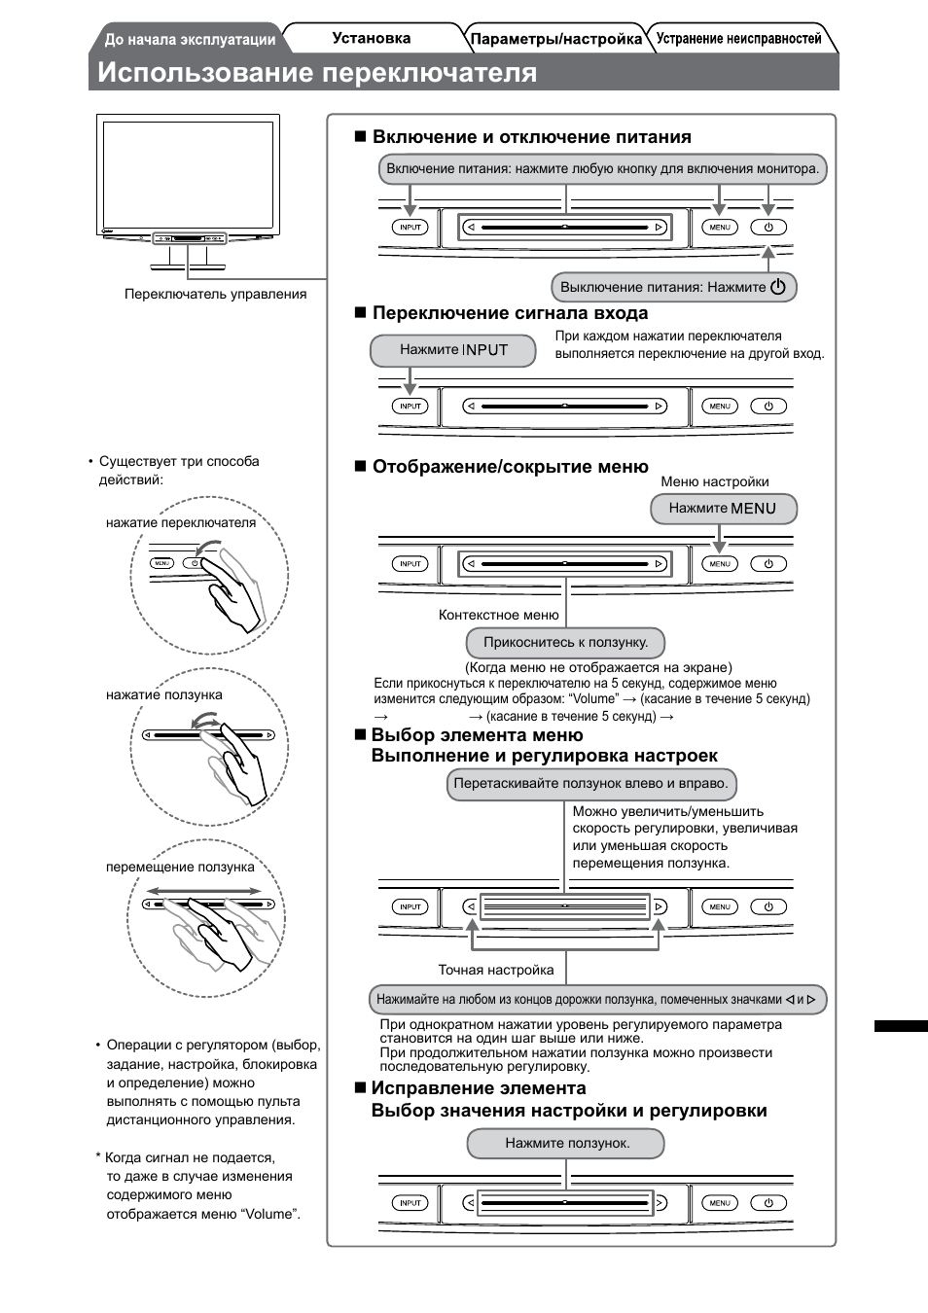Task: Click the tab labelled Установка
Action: tap(371, 39)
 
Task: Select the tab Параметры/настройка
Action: tap(555, 40)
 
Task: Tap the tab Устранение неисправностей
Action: tap(738, 39)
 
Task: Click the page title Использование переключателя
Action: tap(317, 73)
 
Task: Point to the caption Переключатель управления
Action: tap(215, 294)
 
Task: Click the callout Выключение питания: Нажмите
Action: tap(674, 287)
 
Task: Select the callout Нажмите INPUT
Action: tap(453, 350)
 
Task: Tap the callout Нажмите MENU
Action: tap(723, 508)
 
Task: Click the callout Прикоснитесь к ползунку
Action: tap(565, 642)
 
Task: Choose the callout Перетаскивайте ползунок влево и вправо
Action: tap(590, 784)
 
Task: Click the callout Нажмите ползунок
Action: tap(566, 1143)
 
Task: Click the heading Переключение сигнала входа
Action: tap(510, 313)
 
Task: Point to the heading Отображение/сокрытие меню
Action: tap(510, 467)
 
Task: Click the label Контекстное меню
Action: tap(498, 615)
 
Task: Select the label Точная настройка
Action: tap(495, 970)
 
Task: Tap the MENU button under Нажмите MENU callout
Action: tap(720, 563)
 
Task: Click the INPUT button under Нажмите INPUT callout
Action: tap(410, 406)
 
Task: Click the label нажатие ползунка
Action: tap(163, 694)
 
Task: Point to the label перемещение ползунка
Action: tap(180, 867)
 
